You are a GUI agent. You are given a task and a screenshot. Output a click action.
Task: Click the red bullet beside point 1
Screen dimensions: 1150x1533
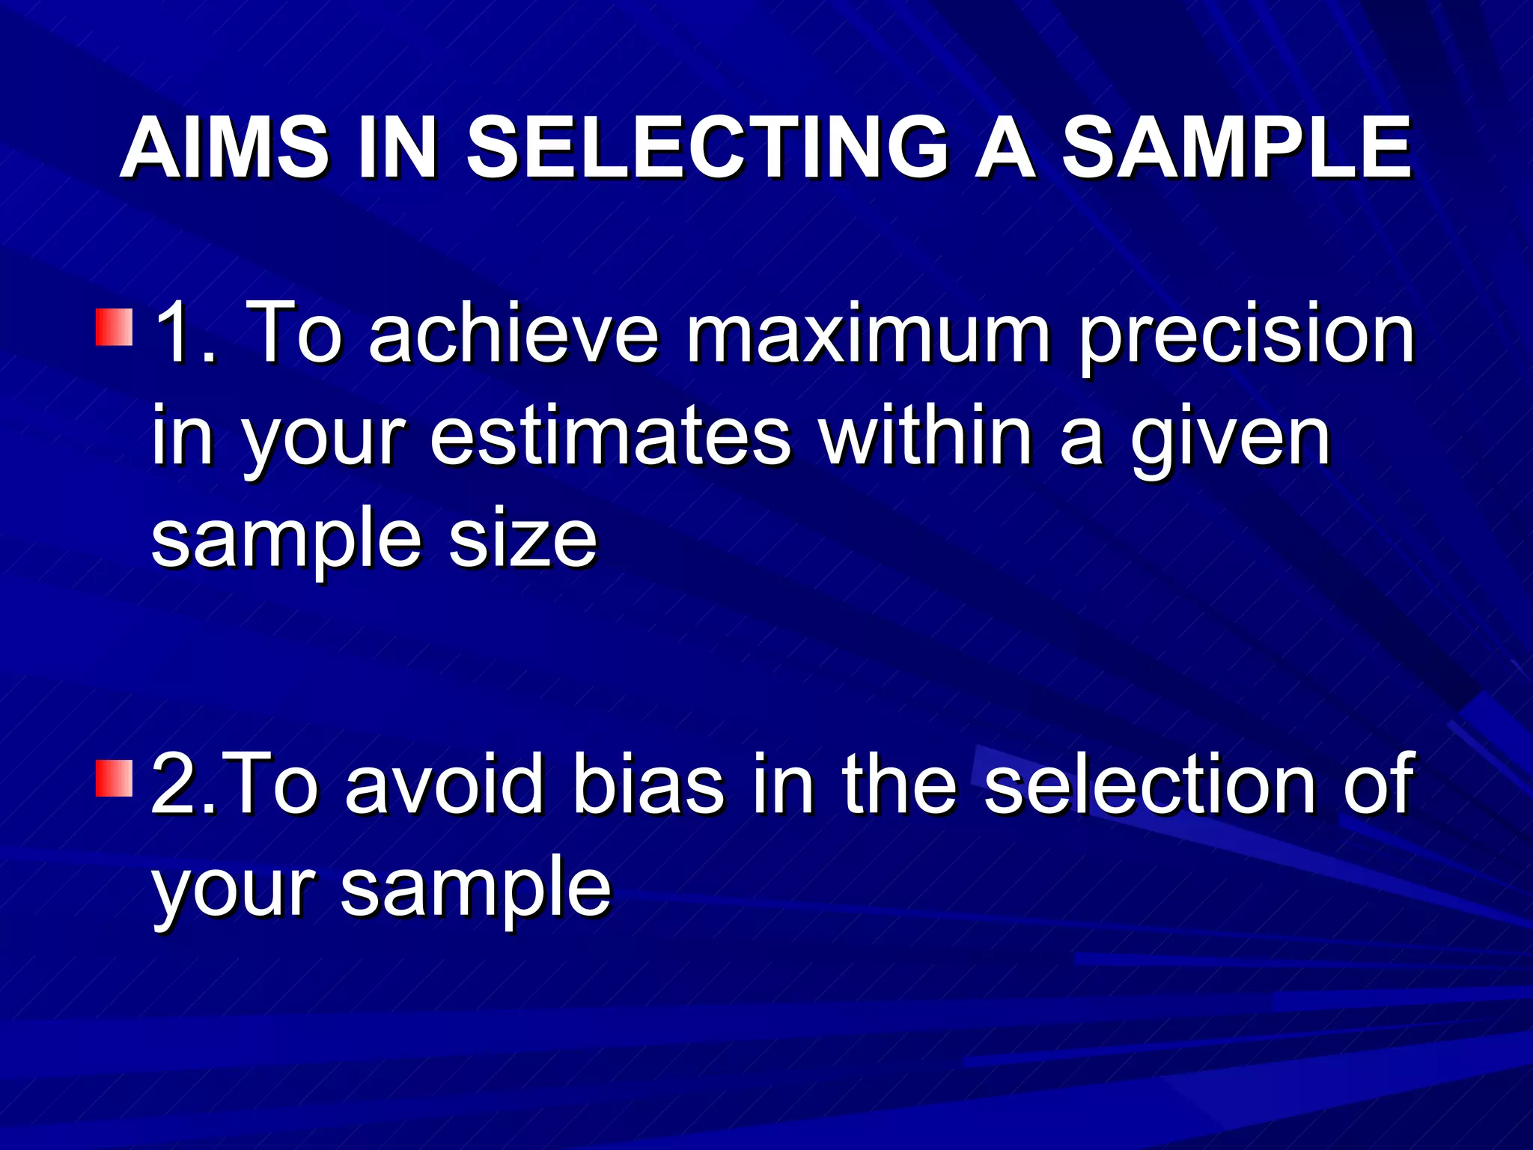tap(115, 326)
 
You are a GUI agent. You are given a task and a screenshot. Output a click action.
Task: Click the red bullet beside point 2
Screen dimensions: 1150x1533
tap(115, 778)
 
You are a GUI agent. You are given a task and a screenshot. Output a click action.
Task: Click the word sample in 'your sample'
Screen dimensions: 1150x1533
tap(476, 889)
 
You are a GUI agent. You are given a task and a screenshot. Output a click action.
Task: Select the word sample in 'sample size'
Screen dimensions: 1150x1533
tap(287, 541)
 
